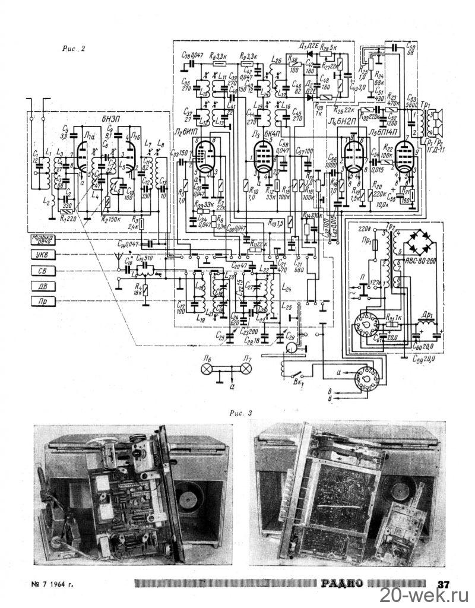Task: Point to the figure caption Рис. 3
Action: pyautogui.click(x=237, y=411)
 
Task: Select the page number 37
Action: pyautogui.click(x=444, y=583)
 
